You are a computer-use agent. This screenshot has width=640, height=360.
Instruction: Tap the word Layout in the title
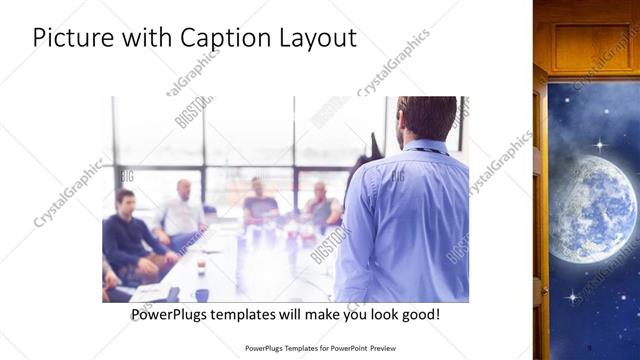tap(314, 39)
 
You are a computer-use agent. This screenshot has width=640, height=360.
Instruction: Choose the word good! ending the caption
tap(419, 314)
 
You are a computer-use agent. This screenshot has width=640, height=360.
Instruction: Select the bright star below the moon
tap(572, 297)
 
